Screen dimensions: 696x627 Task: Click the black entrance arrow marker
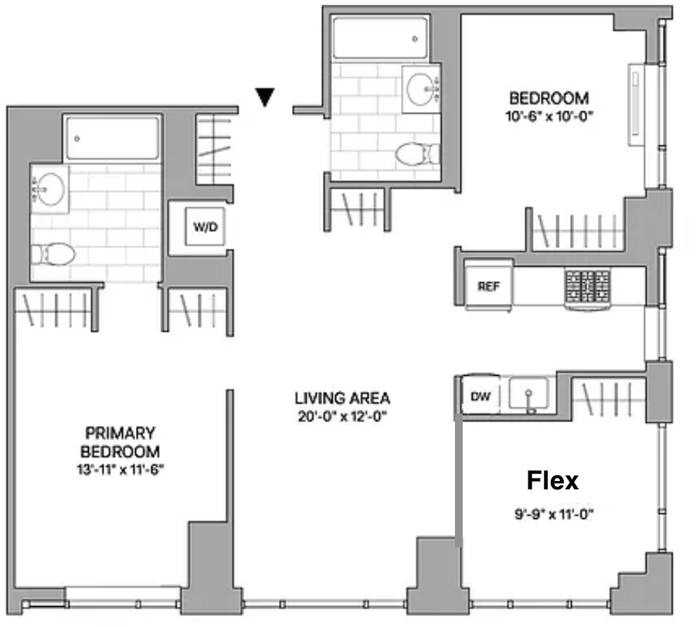(265, 97)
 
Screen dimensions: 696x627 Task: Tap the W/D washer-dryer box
(205, 227)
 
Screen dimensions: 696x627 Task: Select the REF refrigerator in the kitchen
(489, 286)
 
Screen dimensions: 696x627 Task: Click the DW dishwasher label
(480, 397)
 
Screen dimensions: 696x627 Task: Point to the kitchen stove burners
(588, 286)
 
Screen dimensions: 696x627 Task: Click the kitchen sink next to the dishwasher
(528, 394)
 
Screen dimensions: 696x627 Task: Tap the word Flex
(552, 480)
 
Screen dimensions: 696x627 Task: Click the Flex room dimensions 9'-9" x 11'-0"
(554, 515)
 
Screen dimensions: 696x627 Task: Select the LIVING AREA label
(342, 398)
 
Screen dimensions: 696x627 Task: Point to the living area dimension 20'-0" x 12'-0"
(342, 417)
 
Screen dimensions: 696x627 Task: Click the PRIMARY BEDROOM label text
(120, 442)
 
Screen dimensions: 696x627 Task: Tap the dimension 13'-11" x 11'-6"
(121, 470)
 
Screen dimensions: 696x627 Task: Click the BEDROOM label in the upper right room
(549, 98)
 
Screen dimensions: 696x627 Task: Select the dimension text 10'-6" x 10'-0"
(549, 117)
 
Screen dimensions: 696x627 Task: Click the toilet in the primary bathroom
(53, 254)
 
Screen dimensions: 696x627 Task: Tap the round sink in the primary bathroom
(49, 189)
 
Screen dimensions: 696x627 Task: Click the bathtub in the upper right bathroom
(380, 38)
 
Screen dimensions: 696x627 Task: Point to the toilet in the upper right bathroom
(417, 154)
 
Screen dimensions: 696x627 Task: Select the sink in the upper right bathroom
(422, 89)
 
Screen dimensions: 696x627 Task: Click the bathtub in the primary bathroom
(113, 138)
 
